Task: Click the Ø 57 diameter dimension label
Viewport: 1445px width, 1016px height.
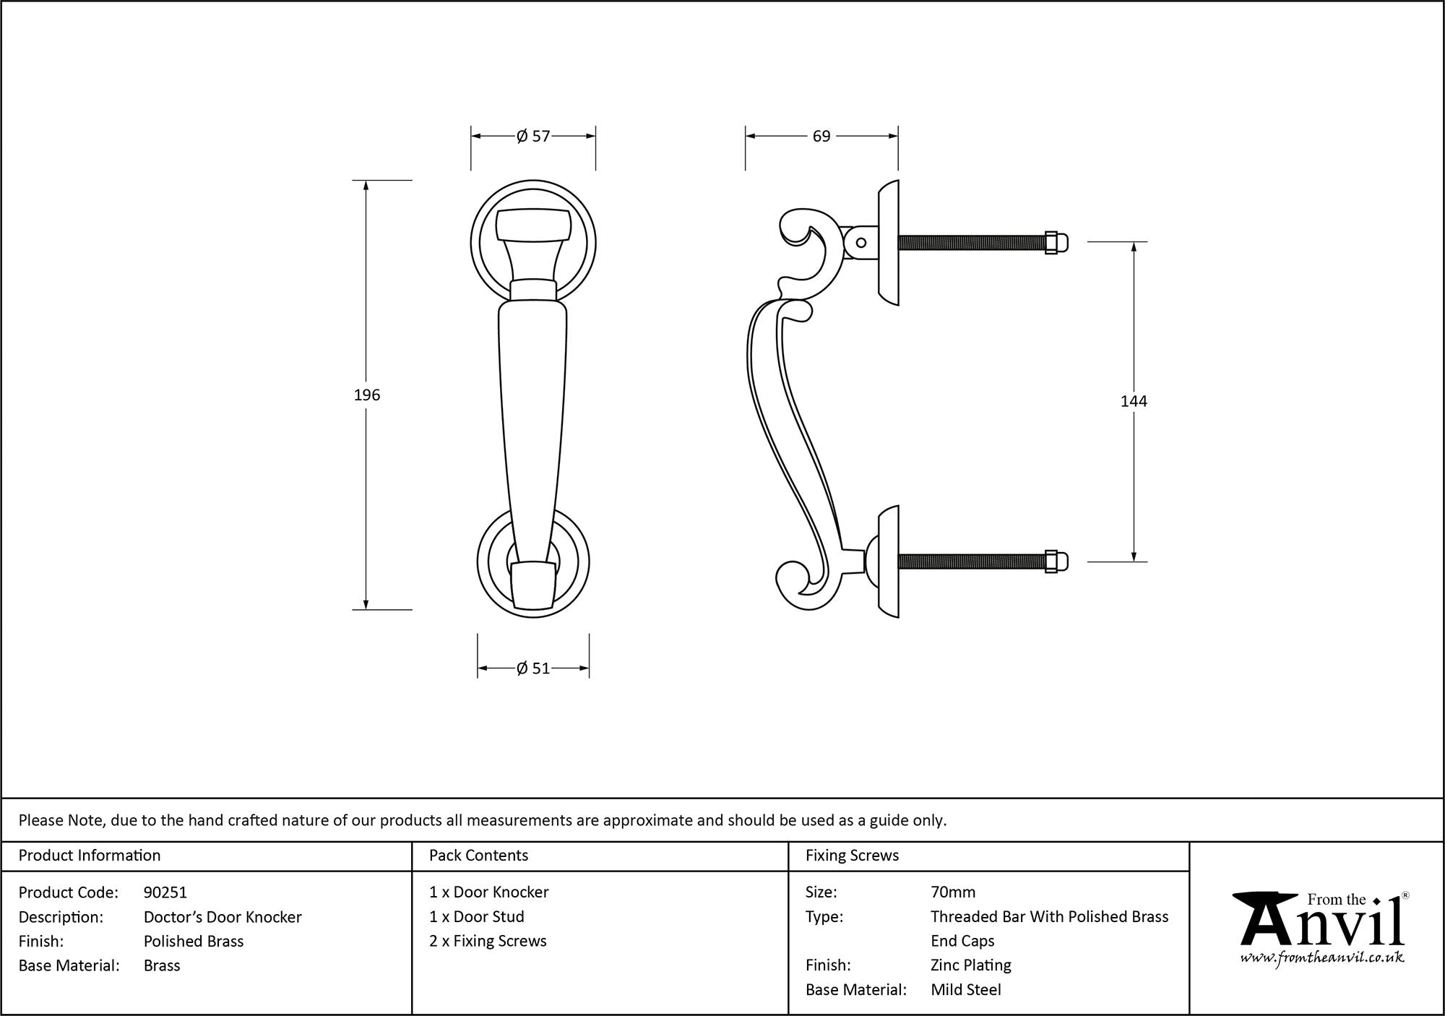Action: point(533,136)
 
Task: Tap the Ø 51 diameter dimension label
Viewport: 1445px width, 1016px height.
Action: point(533,668)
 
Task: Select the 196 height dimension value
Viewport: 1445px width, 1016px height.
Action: point(366,395)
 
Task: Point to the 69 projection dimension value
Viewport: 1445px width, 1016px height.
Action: point(821,136)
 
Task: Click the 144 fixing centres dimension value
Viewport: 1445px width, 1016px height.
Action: point(1133,401)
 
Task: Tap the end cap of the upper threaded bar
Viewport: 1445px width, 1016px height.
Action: point(1056,243)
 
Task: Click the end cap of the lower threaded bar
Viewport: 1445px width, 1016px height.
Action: point(1056,561)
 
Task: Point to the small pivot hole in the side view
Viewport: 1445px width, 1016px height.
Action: point(860,243)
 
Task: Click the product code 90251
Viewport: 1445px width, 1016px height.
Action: point(165,892)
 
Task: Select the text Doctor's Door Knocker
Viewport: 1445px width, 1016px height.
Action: point(223,917)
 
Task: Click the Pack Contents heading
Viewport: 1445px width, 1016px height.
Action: point(478,856)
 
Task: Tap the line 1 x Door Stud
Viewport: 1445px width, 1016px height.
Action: point(477,916)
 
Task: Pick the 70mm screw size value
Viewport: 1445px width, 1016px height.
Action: point(953,892)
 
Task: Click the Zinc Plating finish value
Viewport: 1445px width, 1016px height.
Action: point(970,965)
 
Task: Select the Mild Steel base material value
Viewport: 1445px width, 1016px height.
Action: point(965,989)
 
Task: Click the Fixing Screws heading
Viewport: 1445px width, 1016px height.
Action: point(852,856)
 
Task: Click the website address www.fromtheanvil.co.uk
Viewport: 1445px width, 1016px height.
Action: point(1322,958)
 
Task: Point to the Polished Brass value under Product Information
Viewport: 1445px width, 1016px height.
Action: point(194,941)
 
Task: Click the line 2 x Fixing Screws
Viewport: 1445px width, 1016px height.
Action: point(488,941)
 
